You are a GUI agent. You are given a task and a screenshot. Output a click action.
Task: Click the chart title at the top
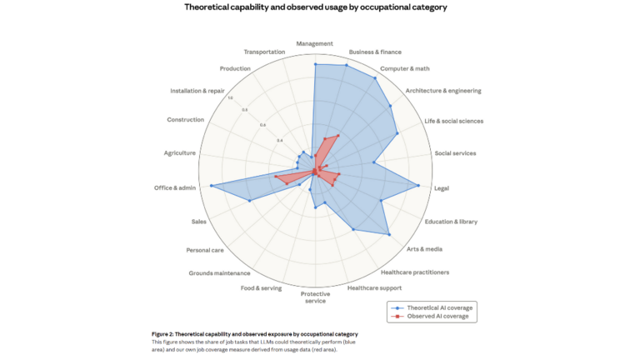[315, 7]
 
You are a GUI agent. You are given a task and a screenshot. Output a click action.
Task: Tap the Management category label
[315, 43]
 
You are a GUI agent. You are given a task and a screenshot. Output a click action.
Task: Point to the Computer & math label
[405, 68]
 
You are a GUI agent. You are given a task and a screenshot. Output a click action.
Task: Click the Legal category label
[442, 188]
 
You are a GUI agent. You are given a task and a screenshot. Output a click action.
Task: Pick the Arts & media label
[425, 249]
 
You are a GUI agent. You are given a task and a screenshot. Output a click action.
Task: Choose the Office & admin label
[175, 188]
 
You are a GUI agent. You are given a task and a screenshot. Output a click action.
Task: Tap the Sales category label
[198, 222]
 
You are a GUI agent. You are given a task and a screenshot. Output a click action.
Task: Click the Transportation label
[265, 52]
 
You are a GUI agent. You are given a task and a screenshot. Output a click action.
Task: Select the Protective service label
[315, 297]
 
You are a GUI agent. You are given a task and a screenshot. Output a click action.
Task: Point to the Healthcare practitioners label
[415, 272]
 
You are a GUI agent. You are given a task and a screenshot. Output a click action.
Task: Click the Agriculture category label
[180, 152]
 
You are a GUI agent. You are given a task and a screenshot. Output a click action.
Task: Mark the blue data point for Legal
[418, 186]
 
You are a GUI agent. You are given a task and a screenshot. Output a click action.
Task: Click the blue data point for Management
[315, 63]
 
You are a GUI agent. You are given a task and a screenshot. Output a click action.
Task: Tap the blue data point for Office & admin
[212, 186]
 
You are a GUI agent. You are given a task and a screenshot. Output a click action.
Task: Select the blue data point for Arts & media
[389, 235]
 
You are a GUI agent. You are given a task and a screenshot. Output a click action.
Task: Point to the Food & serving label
[261, 288]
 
